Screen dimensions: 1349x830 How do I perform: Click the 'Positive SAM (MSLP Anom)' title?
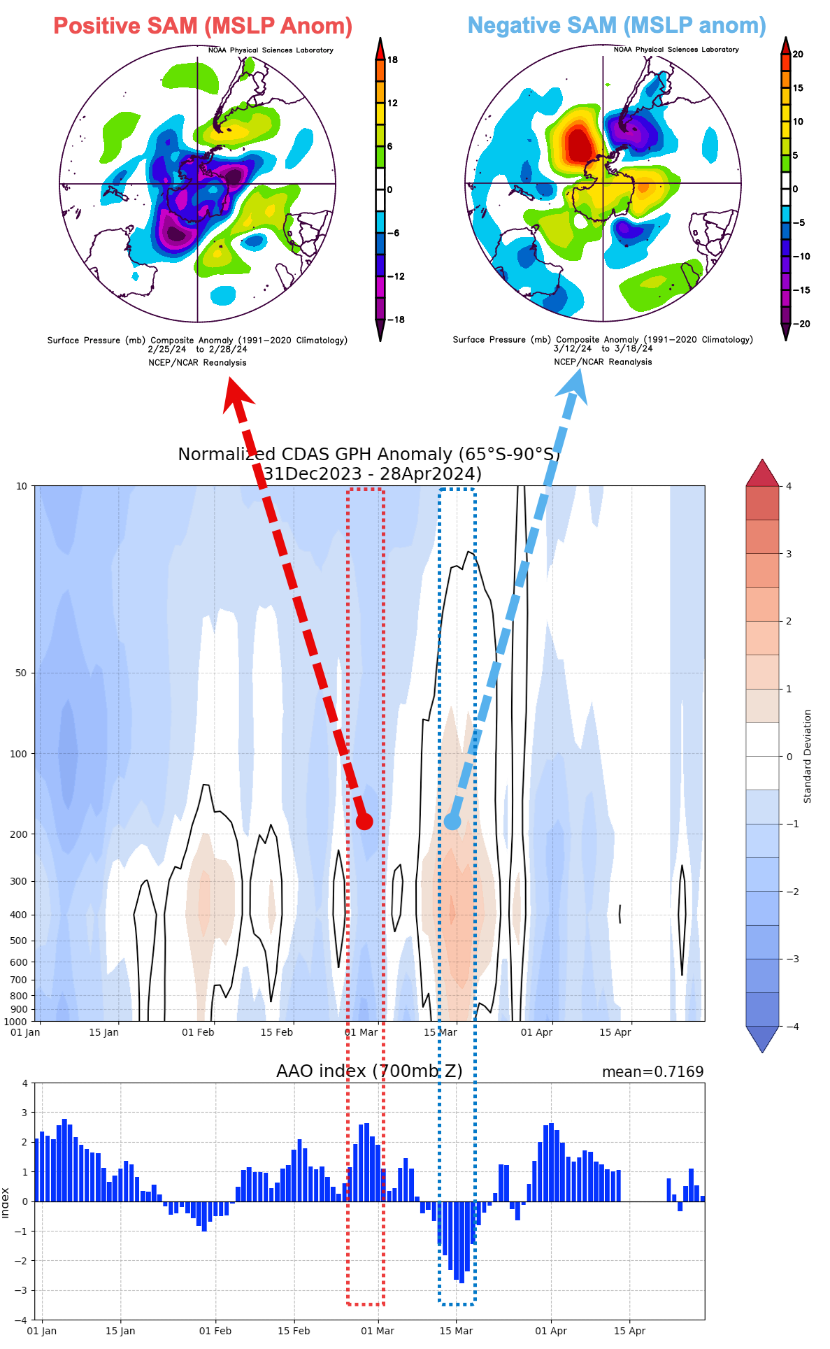[x=203, y=26]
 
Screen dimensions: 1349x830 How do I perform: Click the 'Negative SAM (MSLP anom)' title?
[x=617, y=25]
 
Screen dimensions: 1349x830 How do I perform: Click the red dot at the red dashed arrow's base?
[x=364, y=821]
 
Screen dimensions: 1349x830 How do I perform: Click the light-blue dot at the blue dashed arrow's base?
[x=452, y=821]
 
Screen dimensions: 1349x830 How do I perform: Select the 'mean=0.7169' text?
[x=652, y=1072]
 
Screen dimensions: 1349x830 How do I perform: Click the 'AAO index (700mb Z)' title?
[x=369, y=1071]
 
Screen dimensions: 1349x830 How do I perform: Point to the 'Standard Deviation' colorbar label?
[x=808, y=756]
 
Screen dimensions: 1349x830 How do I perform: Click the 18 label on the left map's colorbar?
[x=392, y=60]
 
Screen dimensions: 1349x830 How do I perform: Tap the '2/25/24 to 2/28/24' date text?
[x=197, y=349]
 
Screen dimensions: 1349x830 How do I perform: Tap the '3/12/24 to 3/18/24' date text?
[x=603, y=348]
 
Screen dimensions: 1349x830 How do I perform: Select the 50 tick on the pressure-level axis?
[x=21, y=673]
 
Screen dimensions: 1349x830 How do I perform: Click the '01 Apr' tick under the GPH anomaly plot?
[x=536, y=1032]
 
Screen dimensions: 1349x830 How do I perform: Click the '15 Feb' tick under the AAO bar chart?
[x=294, y=1331]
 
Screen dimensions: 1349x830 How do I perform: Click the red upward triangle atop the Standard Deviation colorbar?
[x=762, y=474]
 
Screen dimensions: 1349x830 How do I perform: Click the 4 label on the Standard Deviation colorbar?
[x=789, y=486]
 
